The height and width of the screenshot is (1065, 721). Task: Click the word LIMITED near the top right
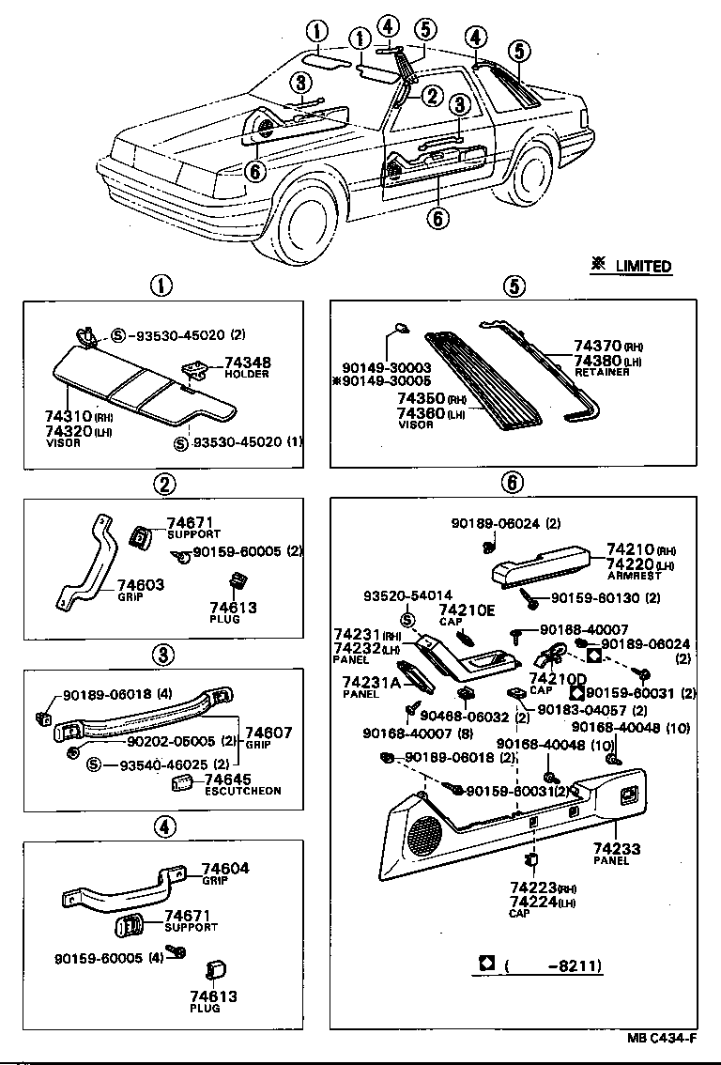click(x=643, y=267)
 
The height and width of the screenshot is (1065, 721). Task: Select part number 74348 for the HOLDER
click(x=246, y=363)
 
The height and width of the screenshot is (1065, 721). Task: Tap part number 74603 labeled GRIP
click(x=141, y=585)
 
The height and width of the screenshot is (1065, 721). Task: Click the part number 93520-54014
click(x=408, y=595)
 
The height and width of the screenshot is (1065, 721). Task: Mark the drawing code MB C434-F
click(x=663, y=1039)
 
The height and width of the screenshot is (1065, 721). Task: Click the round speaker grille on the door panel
click(x=425, y=833)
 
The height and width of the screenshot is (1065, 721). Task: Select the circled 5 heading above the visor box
click(x=512, y=286)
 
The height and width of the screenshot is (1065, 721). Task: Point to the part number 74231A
click(x=371, y=683)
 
